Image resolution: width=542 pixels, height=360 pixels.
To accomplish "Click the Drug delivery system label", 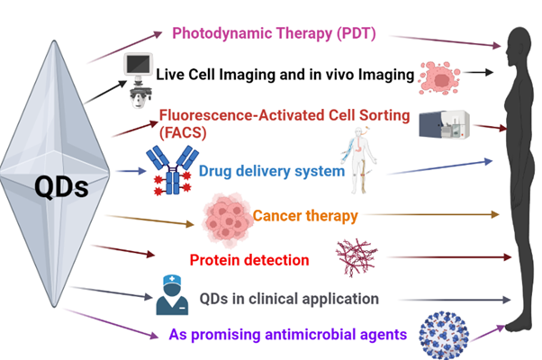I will point(271,170).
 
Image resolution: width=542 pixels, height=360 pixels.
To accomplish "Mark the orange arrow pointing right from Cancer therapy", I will point(432,215).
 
